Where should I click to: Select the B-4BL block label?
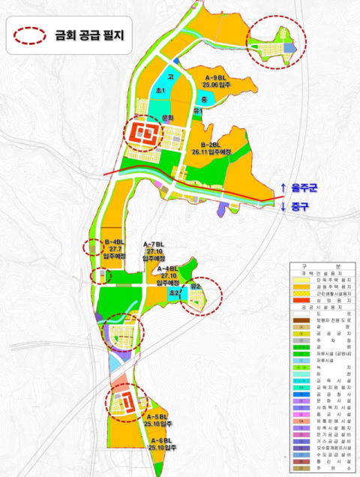(x=113, y=242)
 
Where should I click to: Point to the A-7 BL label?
(x=153, y=245)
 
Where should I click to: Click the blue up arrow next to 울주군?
(x=283, y=187)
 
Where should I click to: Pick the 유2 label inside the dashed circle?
(x=196, y=286)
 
